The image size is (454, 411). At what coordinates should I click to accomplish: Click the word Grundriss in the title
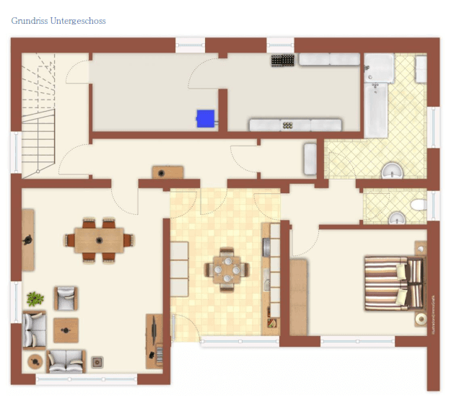click(x=30, y=21)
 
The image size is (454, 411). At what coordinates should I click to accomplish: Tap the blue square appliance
click(x=206, y=118)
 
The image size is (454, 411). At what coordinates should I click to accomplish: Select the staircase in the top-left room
click(x=38, y=115)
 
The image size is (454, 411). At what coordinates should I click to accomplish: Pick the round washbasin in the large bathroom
click(x=392, y=171)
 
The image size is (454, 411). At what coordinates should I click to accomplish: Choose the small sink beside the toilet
click(x=396, y=217)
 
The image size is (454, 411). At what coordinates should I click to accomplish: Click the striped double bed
click(x=393, y=283)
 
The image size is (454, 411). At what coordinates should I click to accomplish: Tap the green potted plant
click(x=35, y=298)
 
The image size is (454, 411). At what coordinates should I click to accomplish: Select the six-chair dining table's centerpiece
click(x=99, y=239)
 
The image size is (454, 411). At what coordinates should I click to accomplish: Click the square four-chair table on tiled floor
click(x=227, y=271)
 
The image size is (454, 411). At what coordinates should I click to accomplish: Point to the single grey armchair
click(x=66, y=297)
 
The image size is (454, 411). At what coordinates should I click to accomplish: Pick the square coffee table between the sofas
click(x=66, y=330)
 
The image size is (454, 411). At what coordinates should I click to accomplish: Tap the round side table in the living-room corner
click(x=33, y=361)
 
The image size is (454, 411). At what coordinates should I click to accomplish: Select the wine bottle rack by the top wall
click(x=281, y=61)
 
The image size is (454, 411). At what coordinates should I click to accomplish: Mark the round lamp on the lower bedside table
click(x=419, y=319)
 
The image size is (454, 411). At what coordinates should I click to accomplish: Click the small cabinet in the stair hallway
click(x=167, y=172)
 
